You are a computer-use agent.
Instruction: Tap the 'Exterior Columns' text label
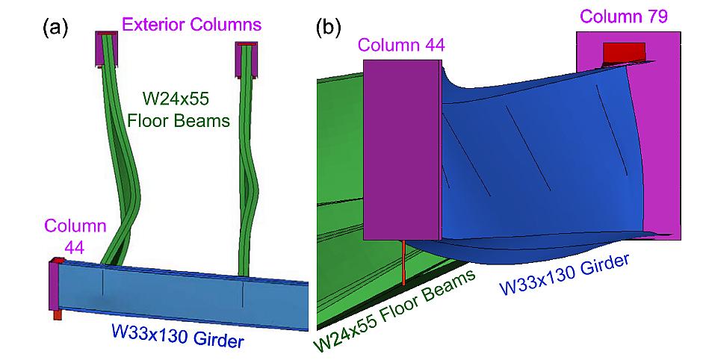[x=192, y=25]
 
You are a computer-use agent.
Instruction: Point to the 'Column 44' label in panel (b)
[x=401, y=46]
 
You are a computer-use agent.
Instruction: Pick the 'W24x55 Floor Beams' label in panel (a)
[x=186, y=108]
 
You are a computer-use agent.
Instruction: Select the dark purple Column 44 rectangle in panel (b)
[x=401, y=149]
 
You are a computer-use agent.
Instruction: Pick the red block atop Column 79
[x=624, y=52]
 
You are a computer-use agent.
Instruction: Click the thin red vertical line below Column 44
[x=403, y=262]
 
